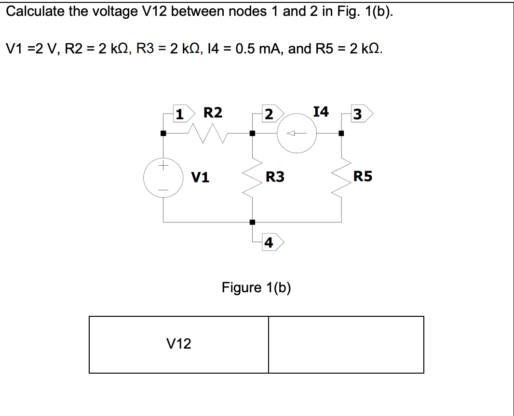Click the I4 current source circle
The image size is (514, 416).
tap(296, 134)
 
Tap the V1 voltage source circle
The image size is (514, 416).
tap(163, 178)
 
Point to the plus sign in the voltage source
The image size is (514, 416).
tap(163, 166)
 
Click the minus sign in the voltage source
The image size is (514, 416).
tap(163, 191)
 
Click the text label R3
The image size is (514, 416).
tap(275, 177)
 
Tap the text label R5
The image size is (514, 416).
tap(363, 177)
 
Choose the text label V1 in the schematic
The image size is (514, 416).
tap(200, 178)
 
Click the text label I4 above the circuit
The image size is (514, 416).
tap(321, 112)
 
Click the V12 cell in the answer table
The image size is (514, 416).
tap(178, 344)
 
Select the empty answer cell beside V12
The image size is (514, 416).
tap(346, 344)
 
